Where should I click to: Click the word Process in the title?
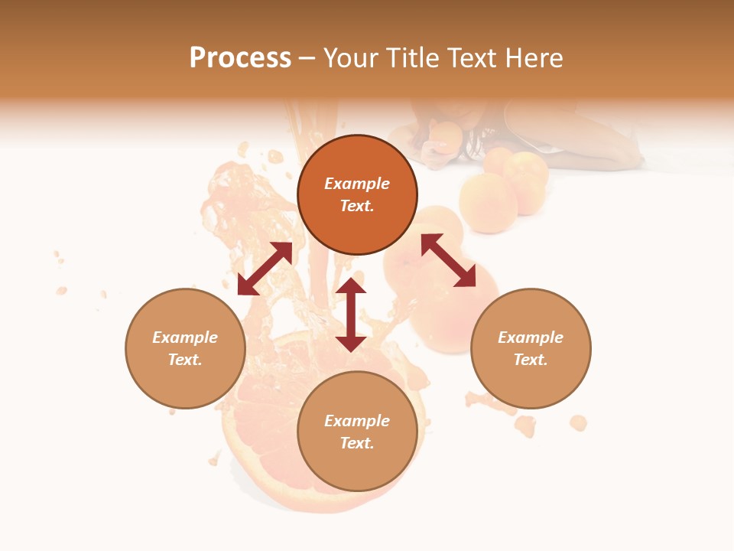click(x=240, y=58)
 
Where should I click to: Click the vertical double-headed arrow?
click(x=351, y=315)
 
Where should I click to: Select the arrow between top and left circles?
click(x=265, y=269)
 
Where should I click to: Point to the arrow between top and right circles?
click(x=448, y=260)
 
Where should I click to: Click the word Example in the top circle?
click(x=357, y=184)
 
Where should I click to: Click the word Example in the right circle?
click(x=531, y=337)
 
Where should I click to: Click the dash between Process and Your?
click(x=307, y=58)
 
